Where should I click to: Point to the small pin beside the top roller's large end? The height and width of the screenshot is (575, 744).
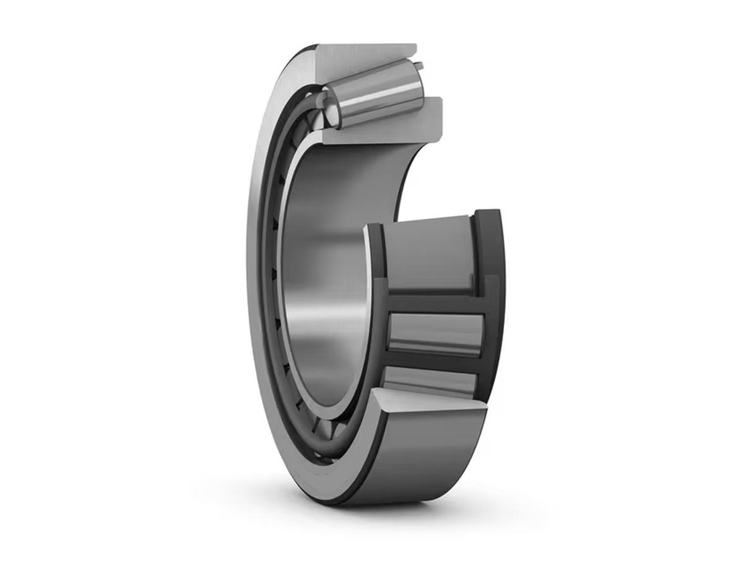coord(418,67)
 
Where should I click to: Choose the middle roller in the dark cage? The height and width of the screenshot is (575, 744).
coord(434,331)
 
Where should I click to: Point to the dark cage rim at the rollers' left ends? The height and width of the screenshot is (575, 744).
coord(376,305)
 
